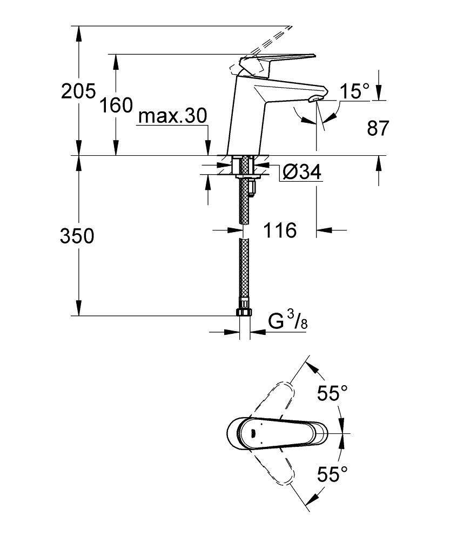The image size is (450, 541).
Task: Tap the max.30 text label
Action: (x=172, y=116)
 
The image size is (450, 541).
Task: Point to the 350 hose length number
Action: (x=77, y=236)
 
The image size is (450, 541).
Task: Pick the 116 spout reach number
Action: (x=280, y=231)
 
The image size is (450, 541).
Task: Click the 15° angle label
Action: (x=354, y=92)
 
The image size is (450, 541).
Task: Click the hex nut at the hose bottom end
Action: (x=244, y=313)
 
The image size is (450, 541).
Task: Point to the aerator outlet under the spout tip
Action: (x=315, y=98)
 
